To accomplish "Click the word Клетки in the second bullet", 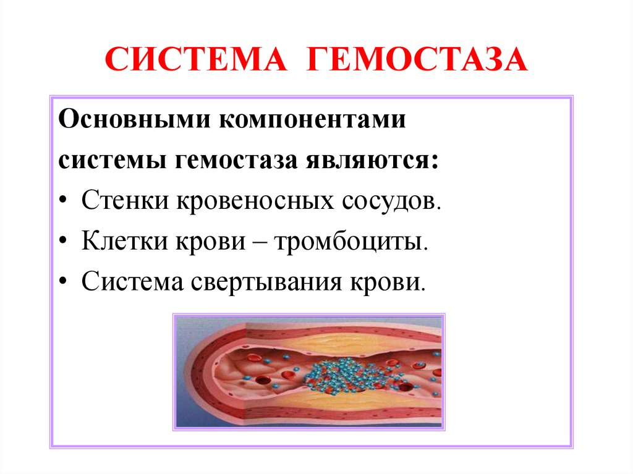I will (x=127, y=242).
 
